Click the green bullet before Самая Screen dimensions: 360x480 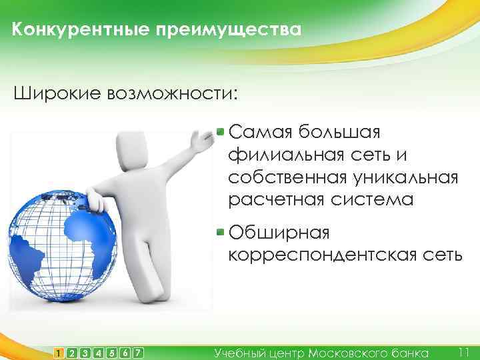pos(221,131)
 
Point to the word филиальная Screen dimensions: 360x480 pos(285,155)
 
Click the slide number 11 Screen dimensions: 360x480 pos(465,351)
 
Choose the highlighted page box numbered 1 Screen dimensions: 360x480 pos(59,351)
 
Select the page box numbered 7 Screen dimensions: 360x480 pos(138,351)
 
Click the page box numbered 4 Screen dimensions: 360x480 pos(99,351)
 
